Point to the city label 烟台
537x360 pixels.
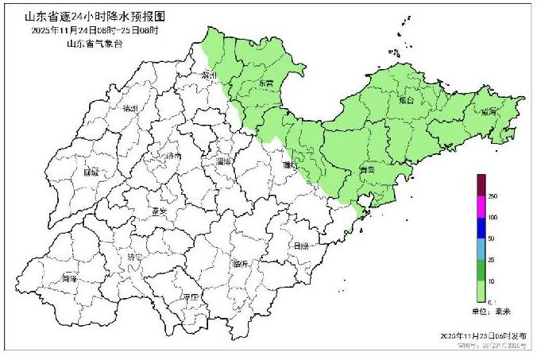click(407, 101)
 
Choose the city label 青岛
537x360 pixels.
click(366, 168)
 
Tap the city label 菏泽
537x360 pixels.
click(70, 279)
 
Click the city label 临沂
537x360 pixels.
click(241, 263)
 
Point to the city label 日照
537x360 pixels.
click(301, 246)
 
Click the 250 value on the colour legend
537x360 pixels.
click(493, 196)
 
